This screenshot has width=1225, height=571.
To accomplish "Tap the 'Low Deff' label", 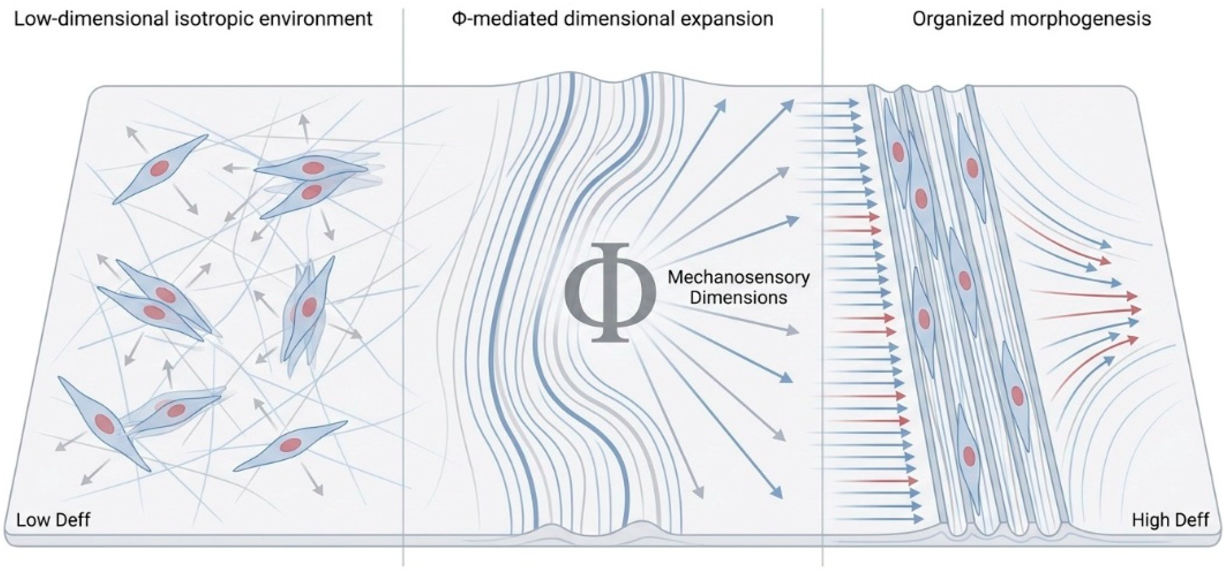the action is (x=53, y=520).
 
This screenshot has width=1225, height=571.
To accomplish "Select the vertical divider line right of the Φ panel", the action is (x=823, y=285).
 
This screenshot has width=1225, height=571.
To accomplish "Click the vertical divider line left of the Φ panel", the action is (x=403, y=285).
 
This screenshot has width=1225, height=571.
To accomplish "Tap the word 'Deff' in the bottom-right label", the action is (x=1191, y=520).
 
